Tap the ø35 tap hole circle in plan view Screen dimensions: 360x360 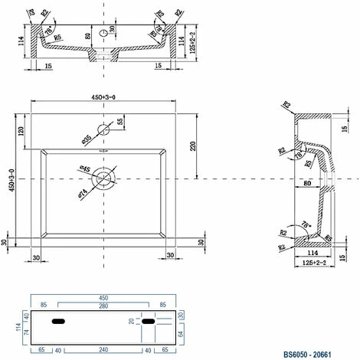(x=103, y=129)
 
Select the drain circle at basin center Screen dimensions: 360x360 (x=103, y=178)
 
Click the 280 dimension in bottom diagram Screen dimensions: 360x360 (x=103, y=306)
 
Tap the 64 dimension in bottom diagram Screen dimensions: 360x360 (x=181, y=335)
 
